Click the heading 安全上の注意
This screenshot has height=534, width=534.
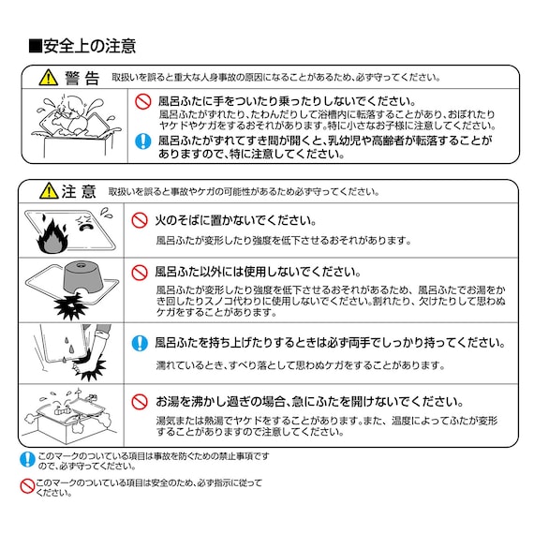tap(82, 45)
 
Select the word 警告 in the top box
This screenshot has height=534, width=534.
tap(82, 78)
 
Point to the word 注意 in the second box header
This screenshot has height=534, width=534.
tap(80, 192)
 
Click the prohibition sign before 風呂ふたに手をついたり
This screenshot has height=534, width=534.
tap(142, 100)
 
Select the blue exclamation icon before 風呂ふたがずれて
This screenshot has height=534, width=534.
tap(142, 141)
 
